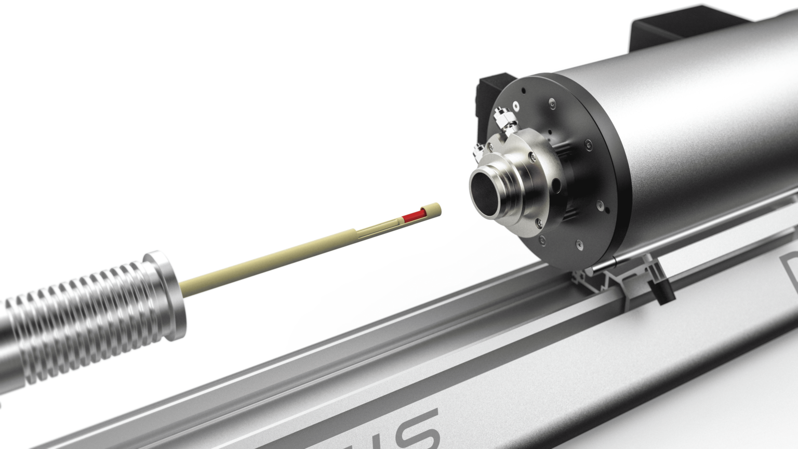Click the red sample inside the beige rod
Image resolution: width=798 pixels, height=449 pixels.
pyautogui.click(x=415, y=215)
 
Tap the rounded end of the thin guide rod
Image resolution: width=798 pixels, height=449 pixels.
pyautogui.click(x=593, y=268)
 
